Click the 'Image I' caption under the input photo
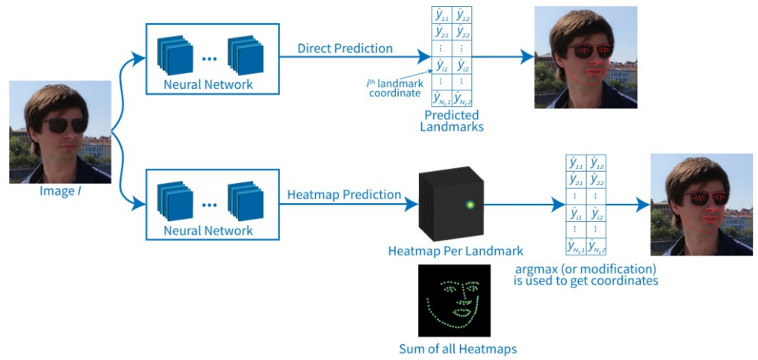click(60, 191)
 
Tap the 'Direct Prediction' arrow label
click(344, 49)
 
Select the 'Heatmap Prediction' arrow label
click(344, 195)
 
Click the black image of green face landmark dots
click(454, 300)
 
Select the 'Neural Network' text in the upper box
click(208, 84)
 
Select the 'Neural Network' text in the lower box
click(208, 231)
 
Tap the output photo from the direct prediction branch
click(585, 58)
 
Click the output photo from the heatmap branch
click(701, 205)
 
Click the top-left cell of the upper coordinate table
click(442, 14)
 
